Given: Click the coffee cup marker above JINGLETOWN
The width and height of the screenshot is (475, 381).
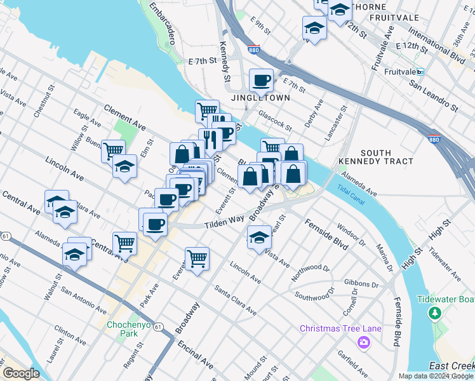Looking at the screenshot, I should pyautogui.click(x=261, y=81).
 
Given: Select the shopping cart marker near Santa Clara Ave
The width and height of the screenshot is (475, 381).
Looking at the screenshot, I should pyautogui.click(x=197, y=258).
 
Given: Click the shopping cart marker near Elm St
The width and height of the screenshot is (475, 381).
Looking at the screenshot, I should pyautogui.click(x=112, y=151).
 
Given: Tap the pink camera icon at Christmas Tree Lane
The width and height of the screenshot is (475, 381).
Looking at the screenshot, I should pyautogui.click(x=364, y=343).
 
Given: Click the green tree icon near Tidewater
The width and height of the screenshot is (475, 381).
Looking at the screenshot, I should pyautogui.click(x=435, y=313).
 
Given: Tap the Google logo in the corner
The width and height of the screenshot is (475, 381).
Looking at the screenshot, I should pyautogui.click(x=21, y=373).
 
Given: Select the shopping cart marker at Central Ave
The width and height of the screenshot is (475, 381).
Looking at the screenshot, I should pyautogui.click(x=124, y=243).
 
